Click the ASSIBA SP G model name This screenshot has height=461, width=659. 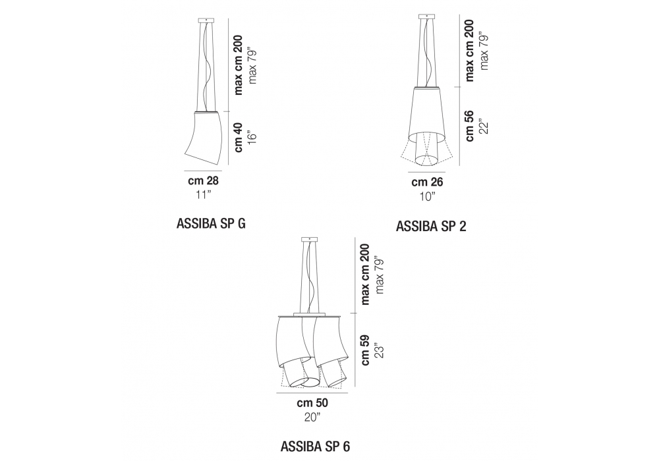pyautogui.click(x=211, y=224)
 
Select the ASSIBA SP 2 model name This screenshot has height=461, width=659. pyautogui.click(x=431, y=227)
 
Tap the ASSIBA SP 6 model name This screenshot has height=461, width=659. pyautogui.click(x=315, y=447)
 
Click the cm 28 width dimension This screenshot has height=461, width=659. pyautogui.click(x=203, y=180)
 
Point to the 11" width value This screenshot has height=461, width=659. pyautogui.click(x=203, y=195)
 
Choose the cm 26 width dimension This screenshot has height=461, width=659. pyautogui.click(x=427, y=182)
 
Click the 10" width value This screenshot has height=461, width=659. pyautogui.click(x=427, y=196)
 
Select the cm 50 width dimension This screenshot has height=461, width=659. pyautogui.click(x=312, y=403)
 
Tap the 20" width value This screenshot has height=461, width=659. pyautogui.click(x=312, y=418)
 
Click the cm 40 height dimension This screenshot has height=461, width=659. pyautogui.click(x=239, y=137)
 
